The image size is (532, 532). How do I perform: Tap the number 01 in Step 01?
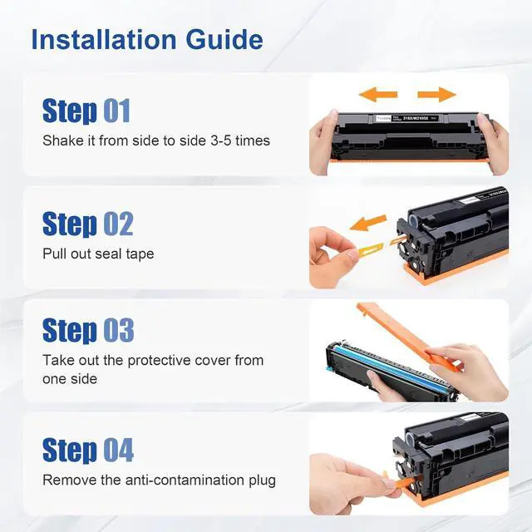[116, 111]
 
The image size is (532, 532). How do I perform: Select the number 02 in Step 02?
[118, 224]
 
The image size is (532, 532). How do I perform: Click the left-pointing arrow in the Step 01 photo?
[378, 94]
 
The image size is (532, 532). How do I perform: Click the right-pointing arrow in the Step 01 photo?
[436, 94]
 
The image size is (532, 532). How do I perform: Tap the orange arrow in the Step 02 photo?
[367, 223]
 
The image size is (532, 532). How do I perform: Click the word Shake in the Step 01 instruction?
[63, 140]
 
